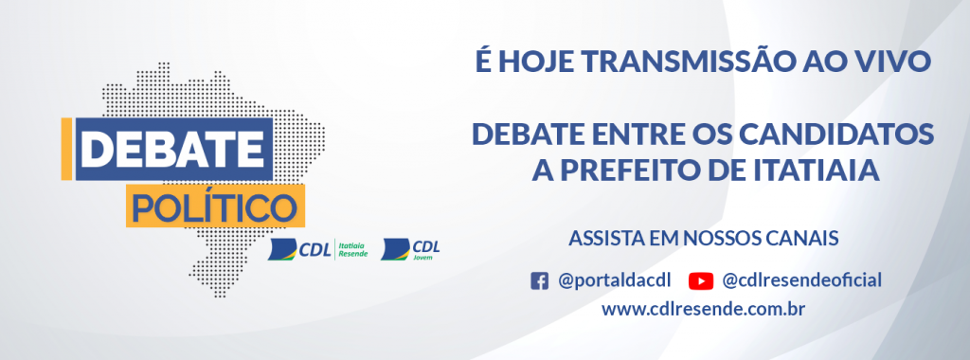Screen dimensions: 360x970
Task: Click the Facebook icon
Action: point(539,280)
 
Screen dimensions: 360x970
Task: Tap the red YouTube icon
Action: point(701,280)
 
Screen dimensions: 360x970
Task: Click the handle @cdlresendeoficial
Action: point(801,280)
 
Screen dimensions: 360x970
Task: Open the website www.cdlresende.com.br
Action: point(703,309)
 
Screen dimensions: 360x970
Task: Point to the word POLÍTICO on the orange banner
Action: point(212,204)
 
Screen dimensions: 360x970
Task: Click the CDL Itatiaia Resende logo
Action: point(316,249)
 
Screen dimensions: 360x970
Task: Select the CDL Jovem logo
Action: point(410,249)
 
